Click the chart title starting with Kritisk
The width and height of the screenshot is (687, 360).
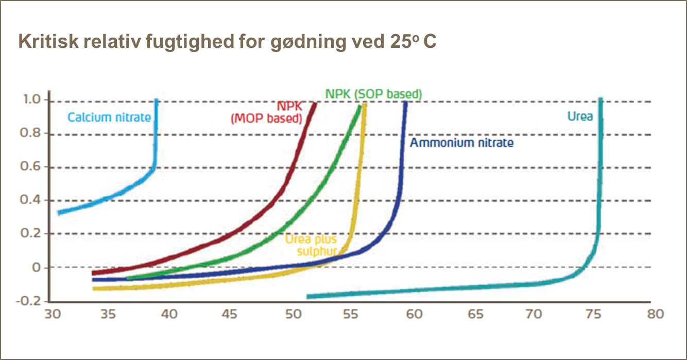227,41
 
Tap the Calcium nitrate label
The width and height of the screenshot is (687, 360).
109,117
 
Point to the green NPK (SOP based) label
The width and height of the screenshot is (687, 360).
374,94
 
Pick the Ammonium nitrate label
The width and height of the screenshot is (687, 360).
461,143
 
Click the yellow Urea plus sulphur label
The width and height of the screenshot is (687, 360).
311,245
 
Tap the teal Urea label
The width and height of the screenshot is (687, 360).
580,116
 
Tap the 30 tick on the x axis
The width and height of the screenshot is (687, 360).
53,314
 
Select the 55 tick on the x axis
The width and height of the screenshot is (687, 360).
353,314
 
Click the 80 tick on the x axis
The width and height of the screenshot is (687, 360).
655,314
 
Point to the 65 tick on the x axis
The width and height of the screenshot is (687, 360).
473,314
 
